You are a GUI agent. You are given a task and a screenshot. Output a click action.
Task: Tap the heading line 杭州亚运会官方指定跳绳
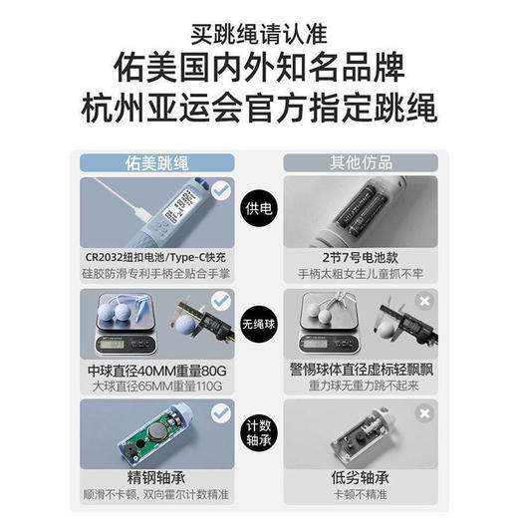coord(258,106)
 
